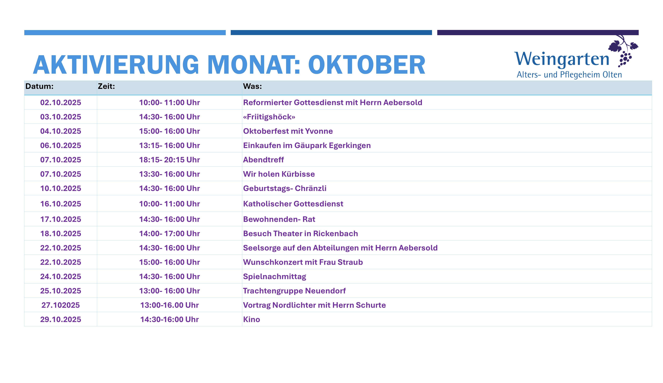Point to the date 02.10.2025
coord(61,103)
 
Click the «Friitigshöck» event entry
coord(269,117)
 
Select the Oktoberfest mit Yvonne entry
coord(288,131)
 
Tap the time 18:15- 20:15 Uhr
coord(169,160)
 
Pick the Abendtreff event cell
coord(263,160)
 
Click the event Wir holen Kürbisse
coord(279,174)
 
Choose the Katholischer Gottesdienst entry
coord(293,204)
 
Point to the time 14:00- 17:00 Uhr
coord(169,233)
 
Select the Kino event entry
coord(251,319)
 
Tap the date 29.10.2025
coord(61,319)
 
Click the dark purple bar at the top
coord(538,33)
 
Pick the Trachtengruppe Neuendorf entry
coord(294,291)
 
